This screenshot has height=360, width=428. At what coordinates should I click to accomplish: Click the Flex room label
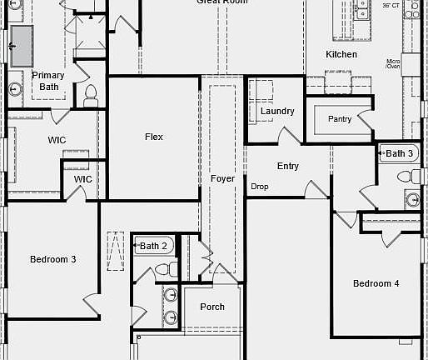click(x=154, y=137)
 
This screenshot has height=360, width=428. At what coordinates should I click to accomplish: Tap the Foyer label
click(x=222, y=179)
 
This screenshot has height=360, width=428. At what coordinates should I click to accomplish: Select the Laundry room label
click(x=276, y=111)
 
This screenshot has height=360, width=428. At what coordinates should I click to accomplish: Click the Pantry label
click(x=340, y=119)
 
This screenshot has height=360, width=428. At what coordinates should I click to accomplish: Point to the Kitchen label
click(x=341, y=54)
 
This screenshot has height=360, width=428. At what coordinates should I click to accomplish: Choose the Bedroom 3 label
click(x=53, y=259)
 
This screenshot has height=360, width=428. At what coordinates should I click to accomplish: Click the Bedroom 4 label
click(x=376, y=283)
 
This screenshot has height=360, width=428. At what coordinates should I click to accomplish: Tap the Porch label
click(x=212, y=307)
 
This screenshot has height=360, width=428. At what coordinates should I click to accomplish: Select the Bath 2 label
click(x=154, y=246)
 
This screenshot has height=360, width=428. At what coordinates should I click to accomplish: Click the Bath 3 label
click(x=399, y=153)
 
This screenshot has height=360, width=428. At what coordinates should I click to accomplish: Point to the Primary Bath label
click(x=47, y=81)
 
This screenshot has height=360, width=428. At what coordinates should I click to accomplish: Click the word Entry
click(x=288, y=166)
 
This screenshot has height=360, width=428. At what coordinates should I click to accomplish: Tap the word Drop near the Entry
click(x=260, y=187)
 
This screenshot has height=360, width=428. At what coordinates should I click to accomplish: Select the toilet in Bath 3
click(x=406, y=175)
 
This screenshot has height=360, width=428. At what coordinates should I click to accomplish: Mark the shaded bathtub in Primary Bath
click(x=21, y=44)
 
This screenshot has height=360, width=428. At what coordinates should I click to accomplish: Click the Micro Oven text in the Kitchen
click(x=394, y=64)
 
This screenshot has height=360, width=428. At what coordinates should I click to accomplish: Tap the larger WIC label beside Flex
click(x=57, y=140)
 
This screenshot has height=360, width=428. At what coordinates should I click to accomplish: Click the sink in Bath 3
click(x=412, y=198)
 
